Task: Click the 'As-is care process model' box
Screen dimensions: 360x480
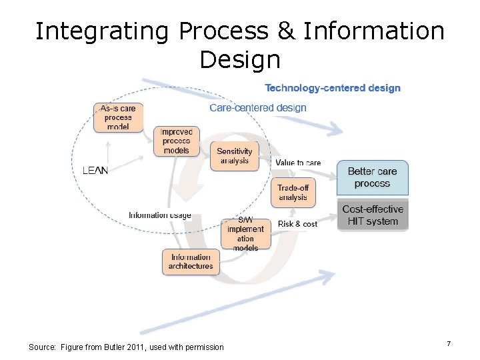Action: [x=118, y=117]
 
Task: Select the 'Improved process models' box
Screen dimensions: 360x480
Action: [x=176, y=141]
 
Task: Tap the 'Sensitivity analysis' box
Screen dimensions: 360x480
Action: [x=234, y=156]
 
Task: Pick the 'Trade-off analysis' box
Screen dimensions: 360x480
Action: [x=293, y=193]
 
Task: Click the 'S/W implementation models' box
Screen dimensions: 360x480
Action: [x=246, y=234]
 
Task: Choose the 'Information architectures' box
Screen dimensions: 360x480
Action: [x=191, y=261]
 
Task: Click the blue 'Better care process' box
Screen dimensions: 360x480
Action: [x=372, y=177]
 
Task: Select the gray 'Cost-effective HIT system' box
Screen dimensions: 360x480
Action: [x=372, y=215]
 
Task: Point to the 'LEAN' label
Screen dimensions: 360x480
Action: [x=95, y=171]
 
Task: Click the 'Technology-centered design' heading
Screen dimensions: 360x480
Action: [x=333, y=88]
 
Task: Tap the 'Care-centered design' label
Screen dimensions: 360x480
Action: [x=258, y=107]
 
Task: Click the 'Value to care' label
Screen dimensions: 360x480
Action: [x=298, y=163]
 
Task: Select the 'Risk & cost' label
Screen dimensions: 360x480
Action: [x=297, y=224]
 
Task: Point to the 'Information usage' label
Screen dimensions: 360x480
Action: [x=160, y=215]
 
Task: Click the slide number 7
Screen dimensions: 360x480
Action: [x=449, y=343]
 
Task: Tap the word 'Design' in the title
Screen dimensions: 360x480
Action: [x=239, y=60]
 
